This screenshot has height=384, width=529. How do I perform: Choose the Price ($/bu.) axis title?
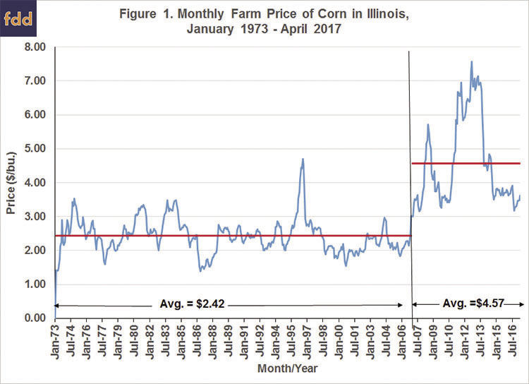point(10,183)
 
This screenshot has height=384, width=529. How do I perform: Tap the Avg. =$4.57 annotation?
point(468,305)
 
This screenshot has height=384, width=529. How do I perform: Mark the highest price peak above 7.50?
point(471,62)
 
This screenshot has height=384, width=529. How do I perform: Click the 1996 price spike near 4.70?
point(303,160)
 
